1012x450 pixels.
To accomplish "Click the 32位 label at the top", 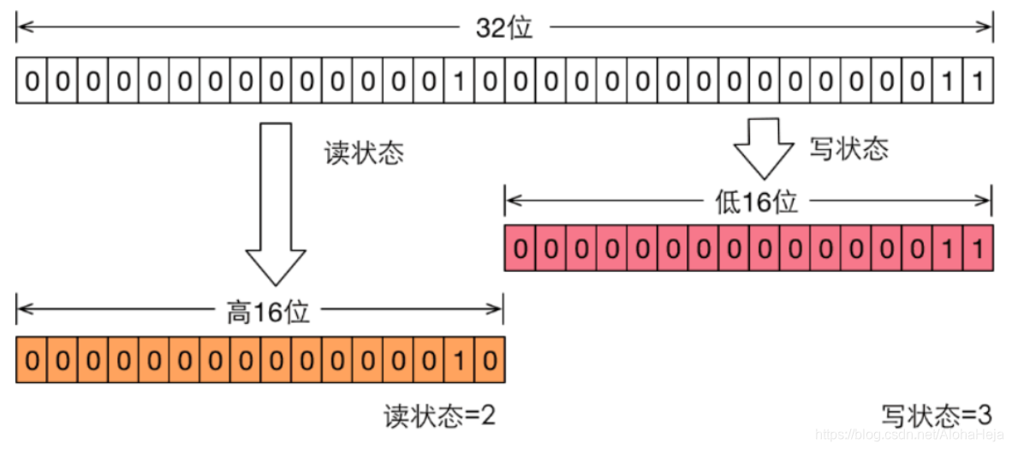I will coord(504,28).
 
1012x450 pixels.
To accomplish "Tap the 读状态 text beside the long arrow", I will coord(363,153).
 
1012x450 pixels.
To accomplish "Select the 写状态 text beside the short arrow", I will coord(848,149).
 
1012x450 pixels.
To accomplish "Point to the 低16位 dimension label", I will coord(756,202).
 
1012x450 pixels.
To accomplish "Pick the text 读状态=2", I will coord(439,417).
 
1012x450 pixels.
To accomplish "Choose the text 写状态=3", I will coord(937,417).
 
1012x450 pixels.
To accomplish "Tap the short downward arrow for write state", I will coord(764,147).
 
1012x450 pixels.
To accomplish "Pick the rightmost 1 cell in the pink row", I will coord(977,249).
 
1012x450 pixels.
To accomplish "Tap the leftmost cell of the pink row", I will coord(520,249).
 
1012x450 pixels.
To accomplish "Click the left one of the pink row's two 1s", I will coord(947,249).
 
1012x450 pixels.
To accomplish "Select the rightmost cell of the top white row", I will coord(977,81).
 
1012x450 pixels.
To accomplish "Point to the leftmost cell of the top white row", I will coord(31,81).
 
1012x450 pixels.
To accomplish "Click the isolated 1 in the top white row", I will coord(459,81).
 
